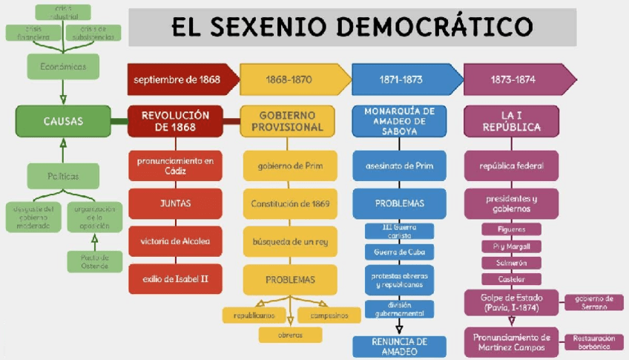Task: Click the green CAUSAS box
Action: [x=62, y=121]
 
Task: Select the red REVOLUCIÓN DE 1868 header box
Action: [x=176, y=121]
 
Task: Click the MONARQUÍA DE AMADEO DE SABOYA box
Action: [x=400, y=121]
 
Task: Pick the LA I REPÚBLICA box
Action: [x=511, y=121]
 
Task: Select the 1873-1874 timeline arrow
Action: [x=517, y=79]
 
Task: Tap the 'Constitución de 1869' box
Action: [x=290, y=203]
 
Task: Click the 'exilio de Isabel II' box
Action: [x=176, y=279]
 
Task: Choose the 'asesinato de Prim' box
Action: [x=400, y=166]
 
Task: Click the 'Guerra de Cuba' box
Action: [x=400, y=252]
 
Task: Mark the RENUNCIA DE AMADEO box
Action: [x=400, y=347]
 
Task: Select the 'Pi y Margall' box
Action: [x=511, y=246]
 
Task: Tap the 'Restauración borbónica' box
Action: [x=593, y=341]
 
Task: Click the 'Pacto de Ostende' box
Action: [x=94, y=261]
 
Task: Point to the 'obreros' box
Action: [x=290, y=335]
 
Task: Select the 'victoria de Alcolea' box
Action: [x=176, y=241]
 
